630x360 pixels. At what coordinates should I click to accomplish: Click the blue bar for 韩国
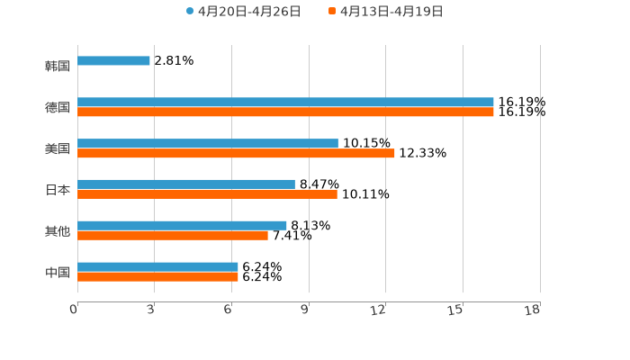pos(113,61)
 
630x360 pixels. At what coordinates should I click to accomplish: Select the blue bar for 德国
pos(285,103)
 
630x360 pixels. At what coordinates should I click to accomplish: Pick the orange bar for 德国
pos(285,112)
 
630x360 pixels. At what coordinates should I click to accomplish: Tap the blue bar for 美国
pos(208,144)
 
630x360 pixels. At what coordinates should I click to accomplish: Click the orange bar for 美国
pos(236,154)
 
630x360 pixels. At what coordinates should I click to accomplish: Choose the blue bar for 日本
pos(186,184)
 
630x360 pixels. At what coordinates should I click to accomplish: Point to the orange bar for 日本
pos(207,194)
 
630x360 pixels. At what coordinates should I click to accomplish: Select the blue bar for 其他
pos(182,226)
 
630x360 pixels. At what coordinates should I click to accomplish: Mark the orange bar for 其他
pos(173,236)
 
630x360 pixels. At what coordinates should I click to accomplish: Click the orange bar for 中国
pos(157,277)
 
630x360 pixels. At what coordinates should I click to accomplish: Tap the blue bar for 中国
pos(157,267)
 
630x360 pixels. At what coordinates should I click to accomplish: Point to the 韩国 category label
pos(58,67)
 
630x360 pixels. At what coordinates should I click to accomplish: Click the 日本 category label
pos(58,190)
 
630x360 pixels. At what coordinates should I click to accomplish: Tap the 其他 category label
pos(58,231)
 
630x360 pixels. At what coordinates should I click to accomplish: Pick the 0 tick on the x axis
pos(74,310)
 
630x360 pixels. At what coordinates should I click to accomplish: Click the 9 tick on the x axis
pos(305,310)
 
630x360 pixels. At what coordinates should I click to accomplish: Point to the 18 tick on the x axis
pos(533,310)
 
